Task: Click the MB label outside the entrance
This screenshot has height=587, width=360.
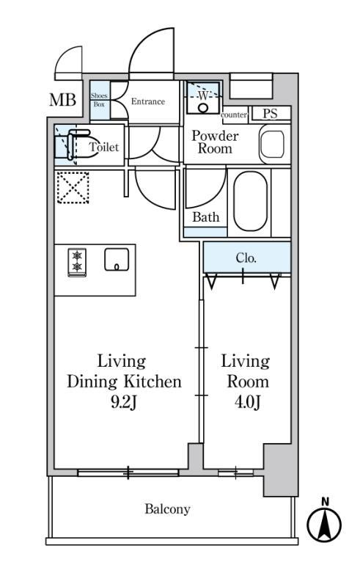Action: coord(62,100)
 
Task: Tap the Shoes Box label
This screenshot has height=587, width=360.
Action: coord(99,100)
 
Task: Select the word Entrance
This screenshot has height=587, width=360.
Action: coord(148,101)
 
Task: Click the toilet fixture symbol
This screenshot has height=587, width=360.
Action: coord(73,145)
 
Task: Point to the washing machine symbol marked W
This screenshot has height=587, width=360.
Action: coord(203,98)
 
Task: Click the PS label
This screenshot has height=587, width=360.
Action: coord(270,114)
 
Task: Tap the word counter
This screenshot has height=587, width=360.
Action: coord(234,115)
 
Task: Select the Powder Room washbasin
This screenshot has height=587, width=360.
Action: coord(272,145)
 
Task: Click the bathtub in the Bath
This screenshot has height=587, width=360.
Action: coord(250,201)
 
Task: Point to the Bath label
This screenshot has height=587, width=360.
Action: coord(206,217)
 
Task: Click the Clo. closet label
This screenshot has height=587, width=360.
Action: coord(246,258)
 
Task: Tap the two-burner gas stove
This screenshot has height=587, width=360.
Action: coord(77,262)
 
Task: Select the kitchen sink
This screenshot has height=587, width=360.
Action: coord(117,260)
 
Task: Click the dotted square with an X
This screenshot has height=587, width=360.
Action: coord(73,188)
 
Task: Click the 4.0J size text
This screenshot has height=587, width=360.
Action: coord(247,402)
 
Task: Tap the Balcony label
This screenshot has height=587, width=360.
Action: coord(167,509)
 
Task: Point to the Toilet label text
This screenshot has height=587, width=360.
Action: coord(104,147)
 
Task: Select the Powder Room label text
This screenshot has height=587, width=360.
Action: coord(215,142)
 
